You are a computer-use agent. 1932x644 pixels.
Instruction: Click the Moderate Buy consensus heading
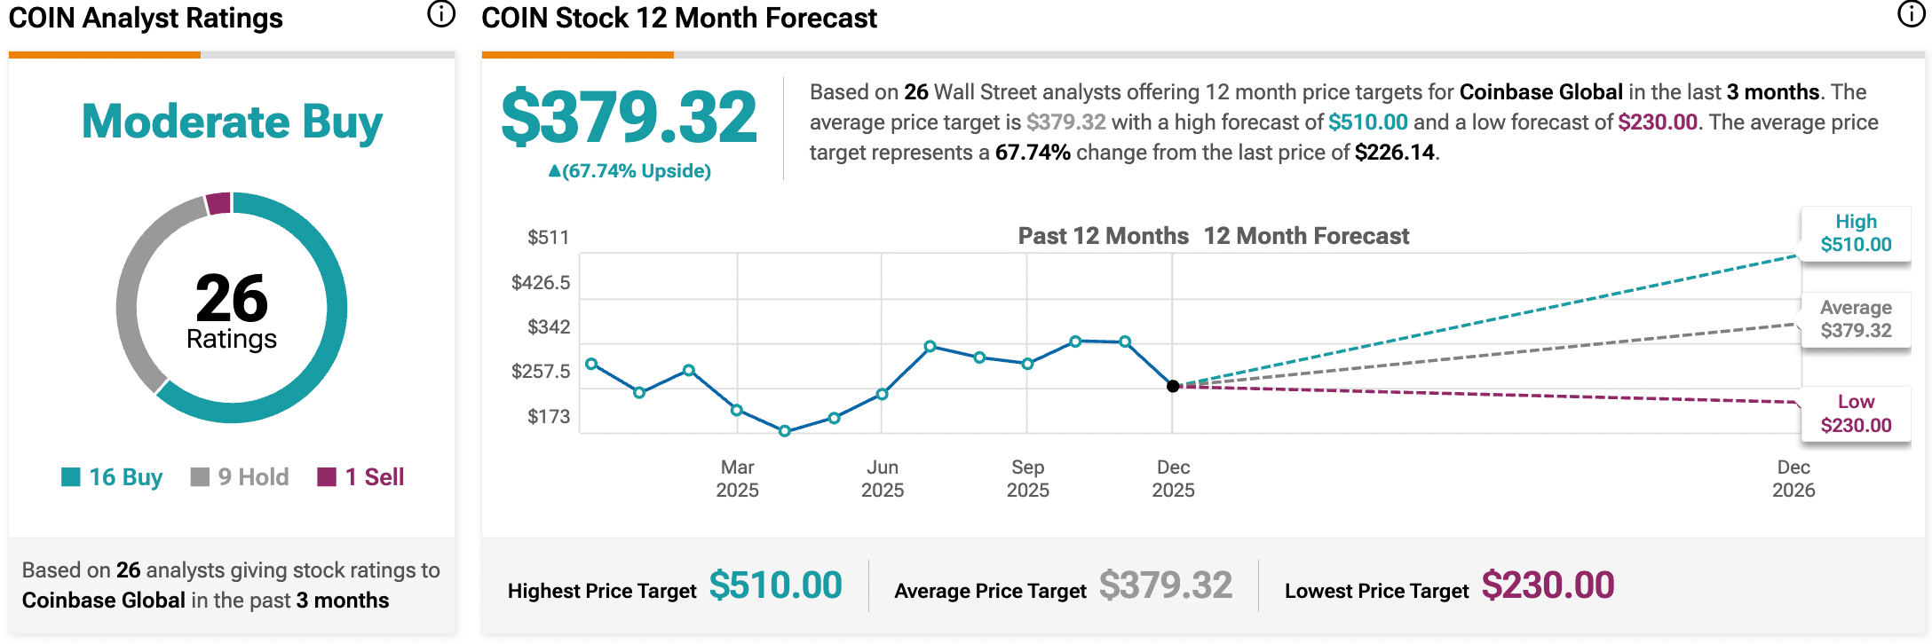(232, 122)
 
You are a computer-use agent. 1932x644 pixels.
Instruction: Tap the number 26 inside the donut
(232, 298)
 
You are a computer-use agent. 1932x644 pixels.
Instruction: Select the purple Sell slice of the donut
(218, 203)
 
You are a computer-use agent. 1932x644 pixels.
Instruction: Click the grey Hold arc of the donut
(133, 284)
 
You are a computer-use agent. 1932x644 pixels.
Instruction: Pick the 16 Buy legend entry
(112, 477)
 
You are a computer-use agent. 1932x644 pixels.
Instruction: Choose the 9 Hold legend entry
(240, 477)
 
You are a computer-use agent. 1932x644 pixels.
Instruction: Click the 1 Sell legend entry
(361, 477)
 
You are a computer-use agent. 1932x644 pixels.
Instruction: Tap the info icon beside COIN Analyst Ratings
(441, 14)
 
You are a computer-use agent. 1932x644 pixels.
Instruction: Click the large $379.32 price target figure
(629, 117)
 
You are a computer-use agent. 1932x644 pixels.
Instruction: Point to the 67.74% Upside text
(629, 171)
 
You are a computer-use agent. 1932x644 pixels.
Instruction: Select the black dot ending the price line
(1173, 386)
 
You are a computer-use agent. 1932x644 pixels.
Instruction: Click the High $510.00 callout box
(1855, 233)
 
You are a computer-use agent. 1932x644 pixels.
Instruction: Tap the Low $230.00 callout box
(1855, 413)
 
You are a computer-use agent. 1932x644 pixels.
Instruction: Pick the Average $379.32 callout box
(1855, 319)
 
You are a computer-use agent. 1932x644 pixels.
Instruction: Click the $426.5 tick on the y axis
(541, 283)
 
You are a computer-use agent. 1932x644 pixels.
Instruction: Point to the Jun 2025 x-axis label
(883, 479)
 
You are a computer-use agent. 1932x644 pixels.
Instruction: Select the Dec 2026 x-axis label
(1793, 479)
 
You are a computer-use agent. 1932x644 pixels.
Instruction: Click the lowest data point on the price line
(785, 431)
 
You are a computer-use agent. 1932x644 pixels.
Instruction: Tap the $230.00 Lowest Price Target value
(1548, 585)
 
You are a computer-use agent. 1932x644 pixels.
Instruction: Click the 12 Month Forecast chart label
(1306, 236)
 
